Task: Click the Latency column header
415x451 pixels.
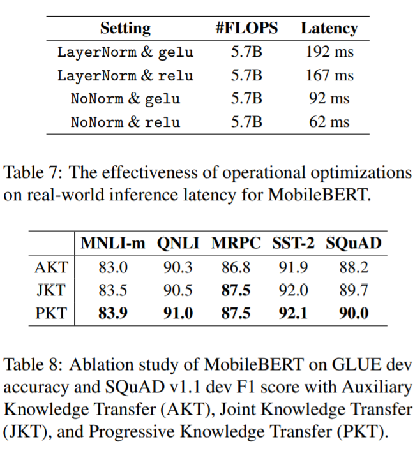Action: [x=329, y=28]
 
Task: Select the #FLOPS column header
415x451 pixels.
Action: [x=246, y=28]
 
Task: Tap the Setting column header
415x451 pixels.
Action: [x=125, y=28]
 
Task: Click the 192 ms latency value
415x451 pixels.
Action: [x=329, y=52]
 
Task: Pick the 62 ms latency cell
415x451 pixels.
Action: [x=329, y=121]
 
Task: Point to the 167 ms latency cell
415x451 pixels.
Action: [x=329, y=75]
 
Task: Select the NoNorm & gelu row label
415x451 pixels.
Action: [x=125, y=99]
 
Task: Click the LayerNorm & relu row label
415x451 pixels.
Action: [x=125, y=75]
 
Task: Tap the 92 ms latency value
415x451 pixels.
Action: [x=329, y=99]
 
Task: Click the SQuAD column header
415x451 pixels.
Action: [x=354, y=243]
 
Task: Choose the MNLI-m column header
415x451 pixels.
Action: [x=112, y=243]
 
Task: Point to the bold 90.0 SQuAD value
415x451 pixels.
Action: [x=354, y=313]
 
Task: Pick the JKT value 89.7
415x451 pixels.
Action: [x=354, y=290]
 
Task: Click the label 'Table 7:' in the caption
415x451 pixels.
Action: [x=33, y=172]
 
